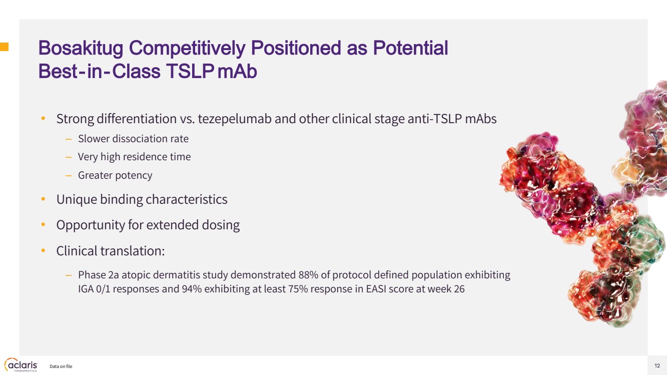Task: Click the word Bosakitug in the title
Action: [81, 48]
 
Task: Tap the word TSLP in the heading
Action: [190, 72]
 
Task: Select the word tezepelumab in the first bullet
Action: [235, 119]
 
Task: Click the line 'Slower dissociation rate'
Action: [133, 139]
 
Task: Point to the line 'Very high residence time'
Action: [134, 157]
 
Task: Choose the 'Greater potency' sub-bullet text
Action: [115, 175]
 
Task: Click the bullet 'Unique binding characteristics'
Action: [142, 200]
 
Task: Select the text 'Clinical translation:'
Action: [111, 251]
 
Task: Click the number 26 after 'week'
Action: [459, 289]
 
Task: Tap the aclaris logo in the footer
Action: [21, 365]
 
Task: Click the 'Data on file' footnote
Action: [61, 366]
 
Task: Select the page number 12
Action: [657, 365]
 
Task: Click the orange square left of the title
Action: [4, 47]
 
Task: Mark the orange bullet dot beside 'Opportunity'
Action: [43, 225]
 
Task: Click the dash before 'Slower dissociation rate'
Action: [69, 139]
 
